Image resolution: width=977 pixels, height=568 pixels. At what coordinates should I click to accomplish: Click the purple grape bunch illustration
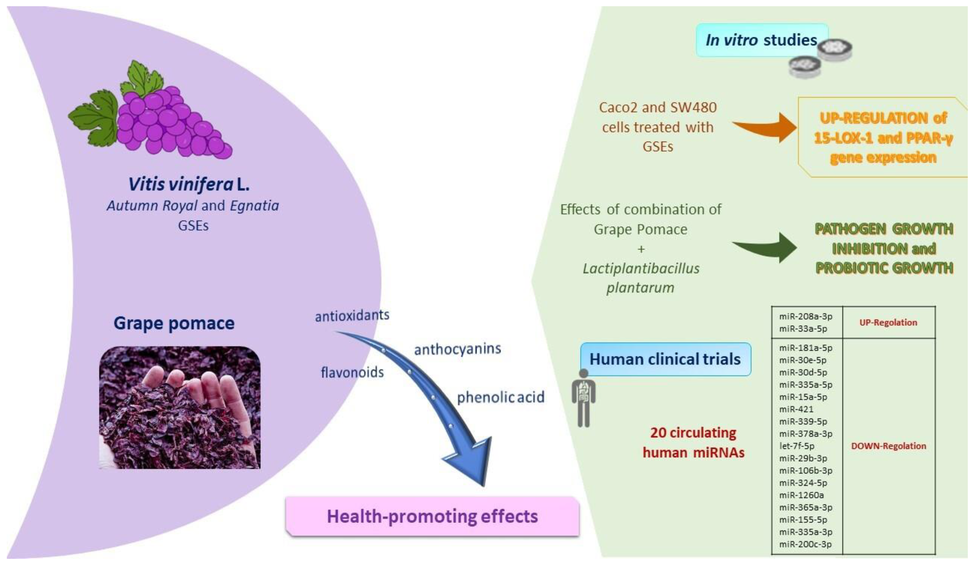coord(171,120)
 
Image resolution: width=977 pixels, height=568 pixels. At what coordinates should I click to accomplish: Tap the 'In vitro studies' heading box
coord(762,40)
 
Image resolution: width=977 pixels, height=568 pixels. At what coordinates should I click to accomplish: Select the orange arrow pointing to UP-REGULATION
coord(766,127)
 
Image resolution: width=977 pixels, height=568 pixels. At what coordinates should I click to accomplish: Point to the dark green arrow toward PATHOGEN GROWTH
coord(766,248)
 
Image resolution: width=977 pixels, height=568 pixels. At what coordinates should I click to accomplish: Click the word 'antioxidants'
coord(352,316)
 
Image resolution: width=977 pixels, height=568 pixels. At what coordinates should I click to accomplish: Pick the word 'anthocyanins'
coord(458,349)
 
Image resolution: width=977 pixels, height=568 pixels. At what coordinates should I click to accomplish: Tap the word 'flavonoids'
coord(352,372)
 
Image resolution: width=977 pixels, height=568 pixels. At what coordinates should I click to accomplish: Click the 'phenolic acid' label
coord(501,397)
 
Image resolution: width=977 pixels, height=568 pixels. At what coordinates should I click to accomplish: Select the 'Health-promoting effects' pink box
coord(432,516)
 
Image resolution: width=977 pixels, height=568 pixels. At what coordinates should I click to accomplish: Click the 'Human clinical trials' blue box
coord(665,359)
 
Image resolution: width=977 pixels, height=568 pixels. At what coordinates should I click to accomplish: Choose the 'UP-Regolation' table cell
coord(888,323)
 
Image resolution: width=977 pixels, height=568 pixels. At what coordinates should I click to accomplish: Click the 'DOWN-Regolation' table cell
coord(888,446)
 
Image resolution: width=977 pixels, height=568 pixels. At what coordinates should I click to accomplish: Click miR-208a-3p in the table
coord(806,316)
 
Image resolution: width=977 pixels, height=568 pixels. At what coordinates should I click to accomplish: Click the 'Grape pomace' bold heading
coord(174,323)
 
